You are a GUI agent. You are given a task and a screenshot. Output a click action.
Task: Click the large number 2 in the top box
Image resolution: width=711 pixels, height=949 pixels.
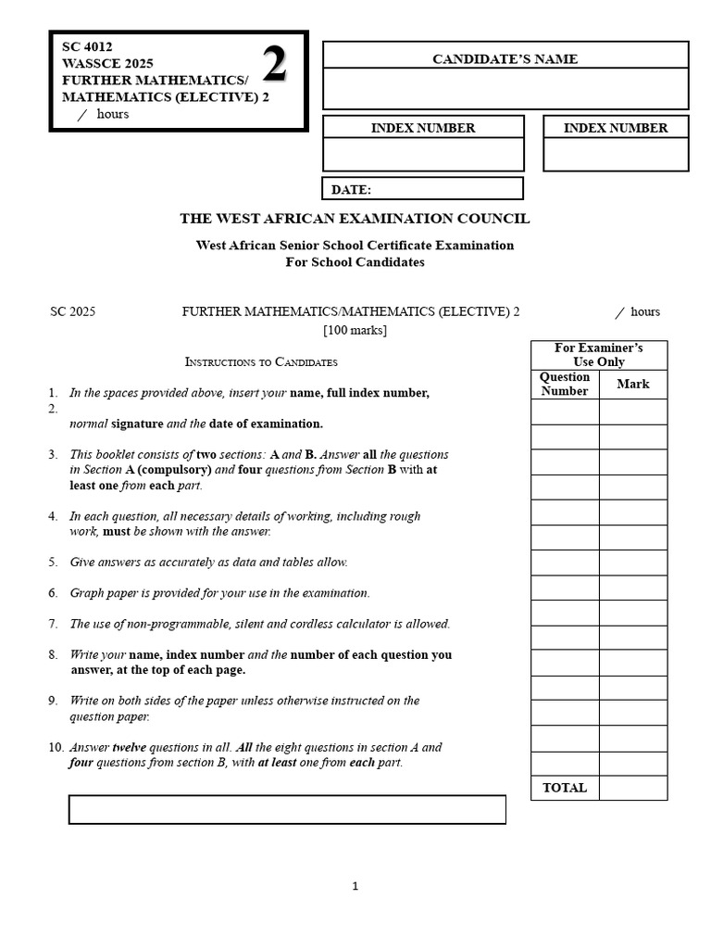click(x=275, y=66)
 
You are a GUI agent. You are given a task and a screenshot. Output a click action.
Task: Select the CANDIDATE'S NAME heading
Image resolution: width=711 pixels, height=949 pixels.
click(x=505, y=59)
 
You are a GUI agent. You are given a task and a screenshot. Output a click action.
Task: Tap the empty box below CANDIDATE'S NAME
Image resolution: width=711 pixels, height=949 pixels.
click(x=505, y=89)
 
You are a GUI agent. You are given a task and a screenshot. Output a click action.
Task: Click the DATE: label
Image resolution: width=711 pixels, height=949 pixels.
click(x=352, y=190)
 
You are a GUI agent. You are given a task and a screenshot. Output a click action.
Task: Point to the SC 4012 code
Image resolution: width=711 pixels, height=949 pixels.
click(x=87, y=46)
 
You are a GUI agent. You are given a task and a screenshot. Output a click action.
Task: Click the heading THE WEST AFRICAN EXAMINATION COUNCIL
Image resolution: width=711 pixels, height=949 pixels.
click(x=355, y=219)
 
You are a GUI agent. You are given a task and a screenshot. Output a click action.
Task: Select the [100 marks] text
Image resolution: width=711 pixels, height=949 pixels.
click(x=355, y=330)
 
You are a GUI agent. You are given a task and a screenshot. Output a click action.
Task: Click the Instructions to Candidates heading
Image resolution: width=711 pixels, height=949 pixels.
click(x=261, y=362)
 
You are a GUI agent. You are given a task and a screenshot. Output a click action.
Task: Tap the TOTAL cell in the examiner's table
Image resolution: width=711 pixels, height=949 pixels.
click(x=565, y=788)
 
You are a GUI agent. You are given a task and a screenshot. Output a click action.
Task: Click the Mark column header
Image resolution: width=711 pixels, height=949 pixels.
click(x=633, y=384)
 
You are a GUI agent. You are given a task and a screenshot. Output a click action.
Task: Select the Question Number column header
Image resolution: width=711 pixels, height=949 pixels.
click(x=565, y=384)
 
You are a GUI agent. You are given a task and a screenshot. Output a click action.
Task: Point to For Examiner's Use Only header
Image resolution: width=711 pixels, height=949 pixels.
click(x=598, y=355)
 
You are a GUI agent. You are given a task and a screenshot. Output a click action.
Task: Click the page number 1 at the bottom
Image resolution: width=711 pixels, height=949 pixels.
click(x=355, y=887)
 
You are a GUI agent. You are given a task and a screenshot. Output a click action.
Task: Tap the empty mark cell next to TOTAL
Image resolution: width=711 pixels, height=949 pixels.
click(x=633, y=788)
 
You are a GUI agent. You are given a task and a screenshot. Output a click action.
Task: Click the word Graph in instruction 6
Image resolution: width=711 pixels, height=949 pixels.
click(x=87, y=593)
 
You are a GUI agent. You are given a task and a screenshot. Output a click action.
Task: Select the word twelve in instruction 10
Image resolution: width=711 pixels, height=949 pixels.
click(x=130, y=747)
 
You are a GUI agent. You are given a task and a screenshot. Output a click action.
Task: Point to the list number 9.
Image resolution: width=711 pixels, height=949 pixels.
click(x=54, y=701)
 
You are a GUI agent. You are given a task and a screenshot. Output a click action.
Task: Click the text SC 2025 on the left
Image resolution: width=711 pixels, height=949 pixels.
click(x=73, y=312)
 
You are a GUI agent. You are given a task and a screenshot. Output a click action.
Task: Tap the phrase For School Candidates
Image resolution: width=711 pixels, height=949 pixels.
click(x=355, y=262)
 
